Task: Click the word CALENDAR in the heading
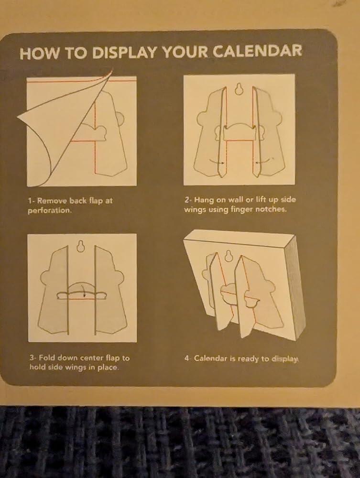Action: [257, 51]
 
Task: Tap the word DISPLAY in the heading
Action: [125, 53]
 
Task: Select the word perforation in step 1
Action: [49, 211]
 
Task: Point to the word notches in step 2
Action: [271, 210]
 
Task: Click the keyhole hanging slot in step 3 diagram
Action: [80, 246]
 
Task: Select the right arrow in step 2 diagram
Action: [264, 160]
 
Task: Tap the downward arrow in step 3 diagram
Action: [84, 291]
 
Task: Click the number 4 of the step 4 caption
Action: [186, 358]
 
